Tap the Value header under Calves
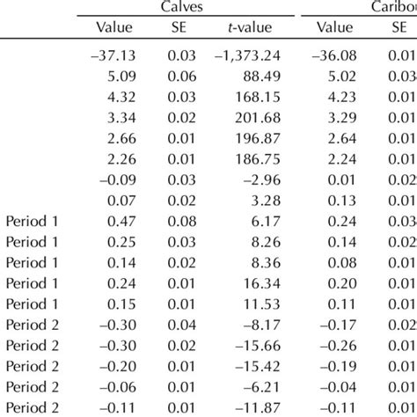[113, 28]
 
